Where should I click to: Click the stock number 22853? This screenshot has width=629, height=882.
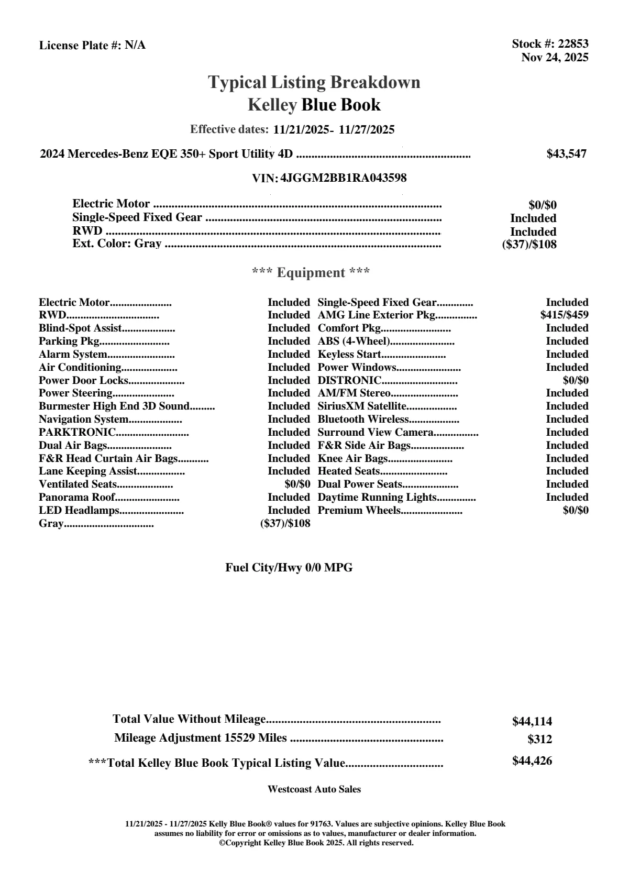point(572,44)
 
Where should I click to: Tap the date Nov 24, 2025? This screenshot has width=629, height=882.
point(555,58)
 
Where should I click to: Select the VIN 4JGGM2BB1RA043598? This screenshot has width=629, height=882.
point(344,178)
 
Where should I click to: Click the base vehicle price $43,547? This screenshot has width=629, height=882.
point(566,154)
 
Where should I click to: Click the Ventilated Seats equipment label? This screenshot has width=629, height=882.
point(78,484)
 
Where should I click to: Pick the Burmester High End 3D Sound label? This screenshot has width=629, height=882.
point(114,406)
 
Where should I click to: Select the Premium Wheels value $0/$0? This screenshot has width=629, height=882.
point(575,511)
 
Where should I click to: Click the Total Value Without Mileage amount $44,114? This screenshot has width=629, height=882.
point(532,722)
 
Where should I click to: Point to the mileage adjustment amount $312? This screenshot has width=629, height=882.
point(539,740)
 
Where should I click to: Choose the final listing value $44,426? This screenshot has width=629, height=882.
point(532,761)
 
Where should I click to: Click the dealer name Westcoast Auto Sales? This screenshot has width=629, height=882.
point(314,789)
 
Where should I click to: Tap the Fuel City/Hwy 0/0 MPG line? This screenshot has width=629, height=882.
point(289,568)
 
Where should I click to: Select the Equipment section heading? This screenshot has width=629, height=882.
point(311,273)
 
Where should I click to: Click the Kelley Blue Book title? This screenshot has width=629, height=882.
point(314,105)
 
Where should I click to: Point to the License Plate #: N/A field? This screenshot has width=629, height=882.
point(93,46)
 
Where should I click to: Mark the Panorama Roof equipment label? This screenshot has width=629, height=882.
point(76,498)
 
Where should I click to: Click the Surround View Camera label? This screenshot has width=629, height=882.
point(375,433)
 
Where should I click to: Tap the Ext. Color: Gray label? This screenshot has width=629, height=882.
point(117,244)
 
